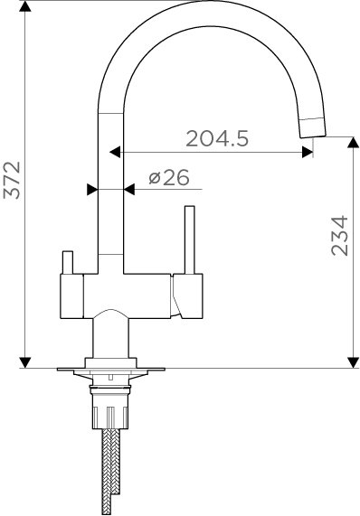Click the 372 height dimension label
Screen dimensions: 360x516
[x=12, y=180]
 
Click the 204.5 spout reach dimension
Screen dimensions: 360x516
[x=217, y=138]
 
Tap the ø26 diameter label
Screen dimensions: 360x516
[x=169, y=177]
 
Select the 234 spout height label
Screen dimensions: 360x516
[x=339, y=236]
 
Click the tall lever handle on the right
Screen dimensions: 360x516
[x=190, y=239]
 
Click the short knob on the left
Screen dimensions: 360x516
[x=68, y=262]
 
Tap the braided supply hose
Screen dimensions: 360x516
[x=110, y=471]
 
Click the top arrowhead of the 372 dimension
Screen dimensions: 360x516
[x=25, y=6]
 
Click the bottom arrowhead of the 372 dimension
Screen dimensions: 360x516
[x=25, y=362]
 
